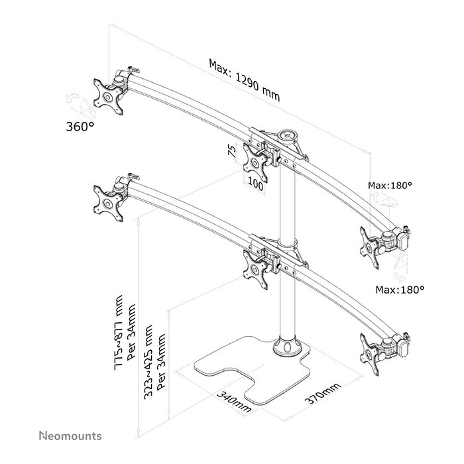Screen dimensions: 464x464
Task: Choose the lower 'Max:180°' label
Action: point(400,290)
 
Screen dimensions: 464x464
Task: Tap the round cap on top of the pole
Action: point(289,135)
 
